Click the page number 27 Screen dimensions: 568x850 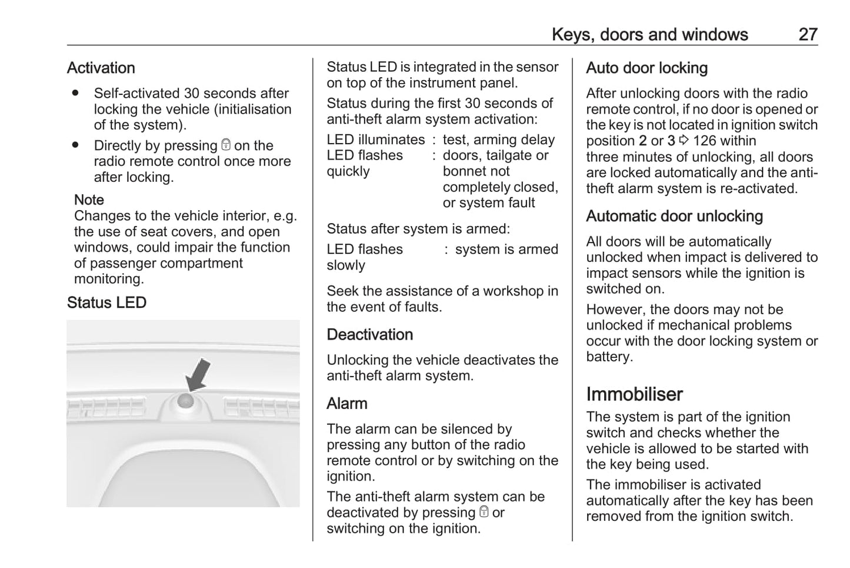808,34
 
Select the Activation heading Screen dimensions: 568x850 101,68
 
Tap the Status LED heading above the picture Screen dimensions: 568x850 106,303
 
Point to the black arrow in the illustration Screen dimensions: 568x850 199,374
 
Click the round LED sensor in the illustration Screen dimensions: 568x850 186,401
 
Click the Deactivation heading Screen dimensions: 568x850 369,334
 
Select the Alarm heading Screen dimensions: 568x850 346,403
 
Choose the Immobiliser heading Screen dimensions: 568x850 634,394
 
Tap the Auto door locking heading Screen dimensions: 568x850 646,68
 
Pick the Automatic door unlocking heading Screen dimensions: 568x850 674,216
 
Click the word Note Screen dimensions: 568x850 89,200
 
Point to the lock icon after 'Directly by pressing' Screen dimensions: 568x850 226,145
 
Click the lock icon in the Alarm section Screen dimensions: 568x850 484,512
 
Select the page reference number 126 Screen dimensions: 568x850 705,141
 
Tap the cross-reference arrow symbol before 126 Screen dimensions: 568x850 684,141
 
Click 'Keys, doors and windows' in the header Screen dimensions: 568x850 649,34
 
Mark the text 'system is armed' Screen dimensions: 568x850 506,249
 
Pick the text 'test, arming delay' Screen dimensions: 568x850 498,139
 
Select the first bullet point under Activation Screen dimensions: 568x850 75,93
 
